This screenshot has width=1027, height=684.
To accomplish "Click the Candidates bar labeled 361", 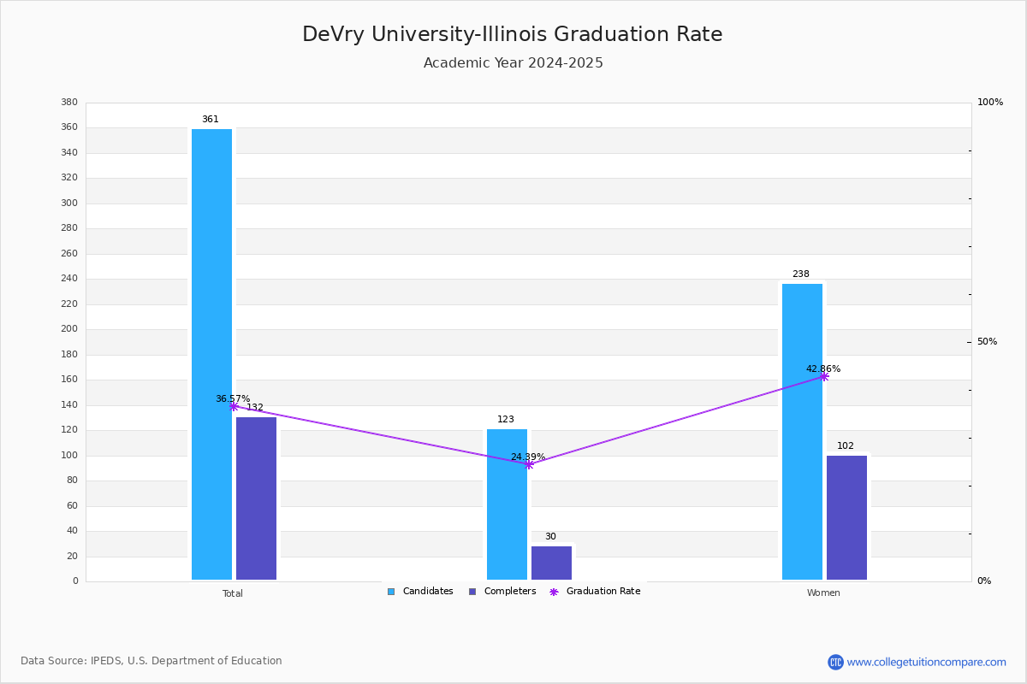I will (x=211, y=354).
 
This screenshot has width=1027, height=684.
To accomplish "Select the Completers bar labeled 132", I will (x=256, y=498).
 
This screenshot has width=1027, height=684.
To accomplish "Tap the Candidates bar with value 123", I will (x=507, y=504).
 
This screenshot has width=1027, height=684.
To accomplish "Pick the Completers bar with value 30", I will (x=551, y=563).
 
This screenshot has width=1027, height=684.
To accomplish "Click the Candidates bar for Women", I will (x=802, y=432).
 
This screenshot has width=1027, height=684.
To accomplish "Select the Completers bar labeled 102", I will (x=846, y=517).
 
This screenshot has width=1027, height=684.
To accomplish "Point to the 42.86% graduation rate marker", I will (x=824, y=376).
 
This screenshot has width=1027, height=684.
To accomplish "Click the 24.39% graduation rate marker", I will (x=529, y=464).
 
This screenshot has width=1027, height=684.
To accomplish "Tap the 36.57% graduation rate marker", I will (x=234, y=406).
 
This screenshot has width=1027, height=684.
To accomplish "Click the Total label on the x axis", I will (x=233, y=593).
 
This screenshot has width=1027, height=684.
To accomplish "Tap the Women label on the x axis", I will (x=823, y=593).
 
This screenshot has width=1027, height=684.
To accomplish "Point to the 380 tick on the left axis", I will (x=69, y=103).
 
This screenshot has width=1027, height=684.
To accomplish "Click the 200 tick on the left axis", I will (x=69, y=329).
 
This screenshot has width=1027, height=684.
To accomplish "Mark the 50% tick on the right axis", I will (x=987, y=342).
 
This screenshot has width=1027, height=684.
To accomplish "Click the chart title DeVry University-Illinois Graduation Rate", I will (x=512, y=34).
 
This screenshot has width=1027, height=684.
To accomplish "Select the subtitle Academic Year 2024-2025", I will (x=513, y=63).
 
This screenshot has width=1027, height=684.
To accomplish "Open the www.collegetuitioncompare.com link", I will (x=926, y=662).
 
